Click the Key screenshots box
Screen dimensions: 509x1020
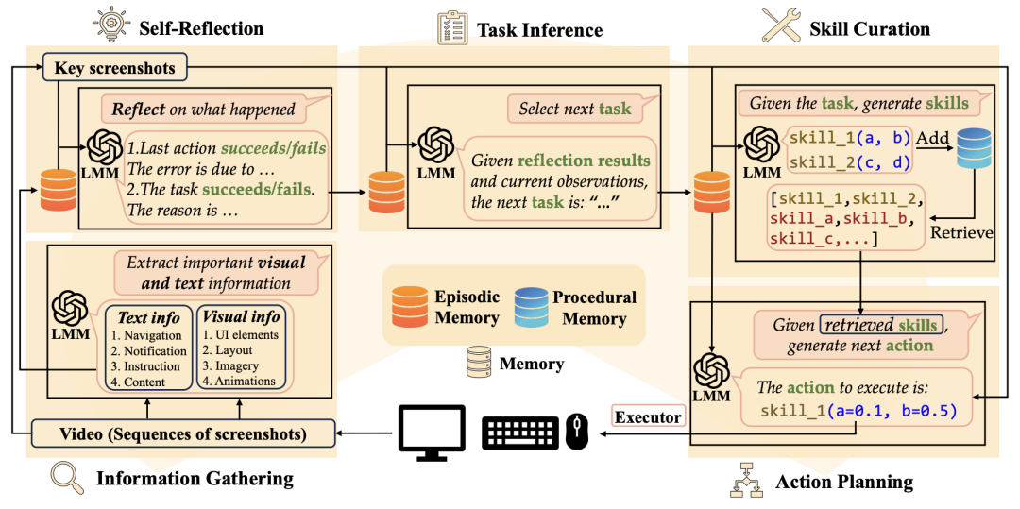114,68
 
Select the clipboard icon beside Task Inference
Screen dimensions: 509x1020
452,27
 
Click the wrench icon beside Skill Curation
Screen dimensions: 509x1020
781,25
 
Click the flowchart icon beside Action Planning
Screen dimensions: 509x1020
748,480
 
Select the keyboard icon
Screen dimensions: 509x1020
520,432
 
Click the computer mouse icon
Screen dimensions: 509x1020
577,432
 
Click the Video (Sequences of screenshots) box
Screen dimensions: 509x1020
184,433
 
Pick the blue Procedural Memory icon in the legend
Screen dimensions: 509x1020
533,308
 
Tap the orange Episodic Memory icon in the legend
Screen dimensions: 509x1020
410,308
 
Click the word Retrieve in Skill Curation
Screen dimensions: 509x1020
962,231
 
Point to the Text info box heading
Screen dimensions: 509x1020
148,318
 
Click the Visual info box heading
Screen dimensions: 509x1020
240,318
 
